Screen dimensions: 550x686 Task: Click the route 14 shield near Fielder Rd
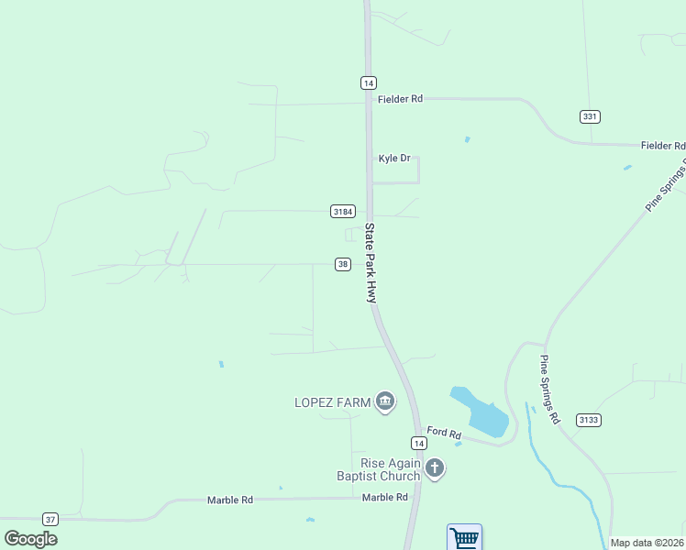pos(368,82)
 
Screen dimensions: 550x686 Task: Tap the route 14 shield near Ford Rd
pos(419,443)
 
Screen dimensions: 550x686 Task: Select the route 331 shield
pos(590,116)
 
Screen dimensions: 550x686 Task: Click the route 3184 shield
pos(342,212)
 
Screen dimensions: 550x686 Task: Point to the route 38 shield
pos(342,264)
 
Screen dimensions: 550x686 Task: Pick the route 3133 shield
pos(589,420)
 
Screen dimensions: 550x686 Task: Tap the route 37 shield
pos(50,519)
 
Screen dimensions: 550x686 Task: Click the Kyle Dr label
pos(394,159)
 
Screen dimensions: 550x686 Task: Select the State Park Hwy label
pos(371,263)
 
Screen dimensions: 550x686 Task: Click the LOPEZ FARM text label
pos(332,401)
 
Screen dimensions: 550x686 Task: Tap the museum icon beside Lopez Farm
pos(385,401)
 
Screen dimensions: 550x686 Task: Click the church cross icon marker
pos(435,469)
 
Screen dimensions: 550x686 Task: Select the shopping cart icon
pos(464,538)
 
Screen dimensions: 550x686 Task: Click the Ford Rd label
pos(443,432)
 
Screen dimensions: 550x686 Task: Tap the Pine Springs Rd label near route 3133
pos(549,390)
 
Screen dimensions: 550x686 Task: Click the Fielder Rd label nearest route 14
pos(404,99)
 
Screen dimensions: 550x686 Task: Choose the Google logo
pos(31,538)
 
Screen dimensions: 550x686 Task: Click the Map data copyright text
pos(647,543)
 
